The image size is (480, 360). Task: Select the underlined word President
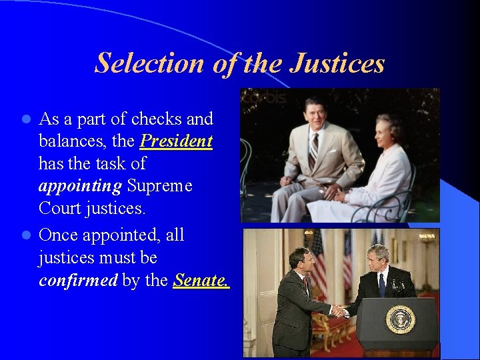pyautogui.click(x=176, y=141)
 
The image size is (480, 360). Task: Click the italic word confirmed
pyautogui.click(x=78, y=280)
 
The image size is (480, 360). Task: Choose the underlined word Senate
pyautogui.click(x=201, y=280)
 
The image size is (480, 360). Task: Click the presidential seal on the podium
pyautogui.click(x=400, y=319)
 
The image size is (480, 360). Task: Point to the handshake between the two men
pyautogui.click(x=341, y=310)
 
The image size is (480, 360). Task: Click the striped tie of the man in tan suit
pyautogui.click(x=314, y=150)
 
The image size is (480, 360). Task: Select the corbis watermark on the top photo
pyautogui.click(x=264, y=97)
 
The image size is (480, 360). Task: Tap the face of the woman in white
pyautogui.click(x=389, y=128)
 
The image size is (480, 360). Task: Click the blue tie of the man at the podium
pyautogui.click(x=382, y=285)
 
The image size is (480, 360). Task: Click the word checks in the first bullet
pyautogui.click(x=157, y=119)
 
